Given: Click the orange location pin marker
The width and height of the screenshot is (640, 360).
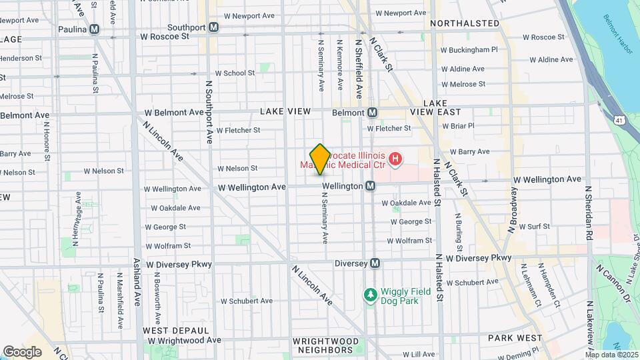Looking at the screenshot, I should [320, 159].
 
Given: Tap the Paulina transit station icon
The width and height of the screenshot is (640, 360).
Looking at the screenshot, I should [95, 29].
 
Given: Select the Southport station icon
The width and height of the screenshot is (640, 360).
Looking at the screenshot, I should [213, 27].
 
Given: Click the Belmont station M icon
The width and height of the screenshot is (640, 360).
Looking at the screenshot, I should [372, 112].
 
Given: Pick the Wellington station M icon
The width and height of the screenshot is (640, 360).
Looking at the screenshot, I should [369, 186].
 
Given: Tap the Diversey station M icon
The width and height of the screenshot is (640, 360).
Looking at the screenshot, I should [375, 263].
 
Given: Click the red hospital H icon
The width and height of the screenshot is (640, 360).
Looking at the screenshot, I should [395, 159].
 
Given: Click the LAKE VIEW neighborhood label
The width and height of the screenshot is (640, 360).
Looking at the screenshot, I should [285, 111].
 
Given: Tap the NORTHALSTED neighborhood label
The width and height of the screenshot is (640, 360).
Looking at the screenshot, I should [465, 23].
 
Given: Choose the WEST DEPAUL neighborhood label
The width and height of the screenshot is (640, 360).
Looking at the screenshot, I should [173, 331].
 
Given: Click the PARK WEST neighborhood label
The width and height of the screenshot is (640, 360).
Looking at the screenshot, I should [515, 338].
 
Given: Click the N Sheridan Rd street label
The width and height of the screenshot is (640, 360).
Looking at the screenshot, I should [589, 213].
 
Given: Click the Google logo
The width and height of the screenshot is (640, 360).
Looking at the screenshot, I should [22, 351].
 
